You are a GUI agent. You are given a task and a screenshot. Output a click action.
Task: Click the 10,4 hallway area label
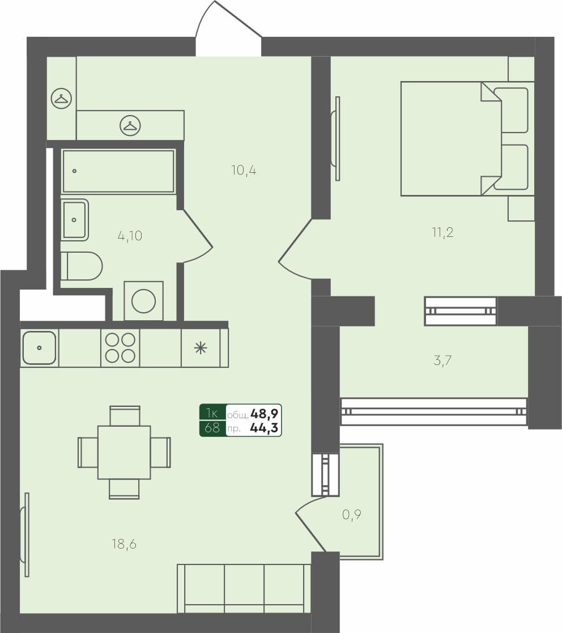coord(244,169)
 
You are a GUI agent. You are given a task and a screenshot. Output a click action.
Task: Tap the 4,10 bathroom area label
coord(130,236)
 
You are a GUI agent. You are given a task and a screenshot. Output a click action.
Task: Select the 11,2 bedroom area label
coord(442,232)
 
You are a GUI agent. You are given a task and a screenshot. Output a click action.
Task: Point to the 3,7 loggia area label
coord(442,360)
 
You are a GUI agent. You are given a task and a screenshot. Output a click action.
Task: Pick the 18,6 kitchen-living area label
coord(124,545)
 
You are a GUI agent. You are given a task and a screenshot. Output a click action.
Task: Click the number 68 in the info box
coord(212,428)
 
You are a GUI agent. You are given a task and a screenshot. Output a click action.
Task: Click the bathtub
coord(118,171)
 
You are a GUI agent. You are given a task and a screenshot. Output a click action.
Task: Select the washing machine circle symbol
coord(143,300)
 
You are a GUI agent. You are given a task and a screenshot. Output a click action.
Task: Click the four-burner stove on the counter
coord(120,347)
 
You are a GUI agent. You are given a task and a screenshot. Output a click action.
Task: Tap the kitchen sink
coord(39,347)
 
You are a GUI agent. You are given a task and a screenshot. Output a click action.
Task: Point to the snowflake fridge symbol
coord(201,347)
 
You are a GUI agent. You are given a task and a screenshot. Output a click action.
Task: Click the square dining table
coord(124,452)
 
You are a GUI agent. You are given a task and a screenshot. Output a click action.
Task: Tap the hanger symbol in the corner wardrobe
coord(61,99)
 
